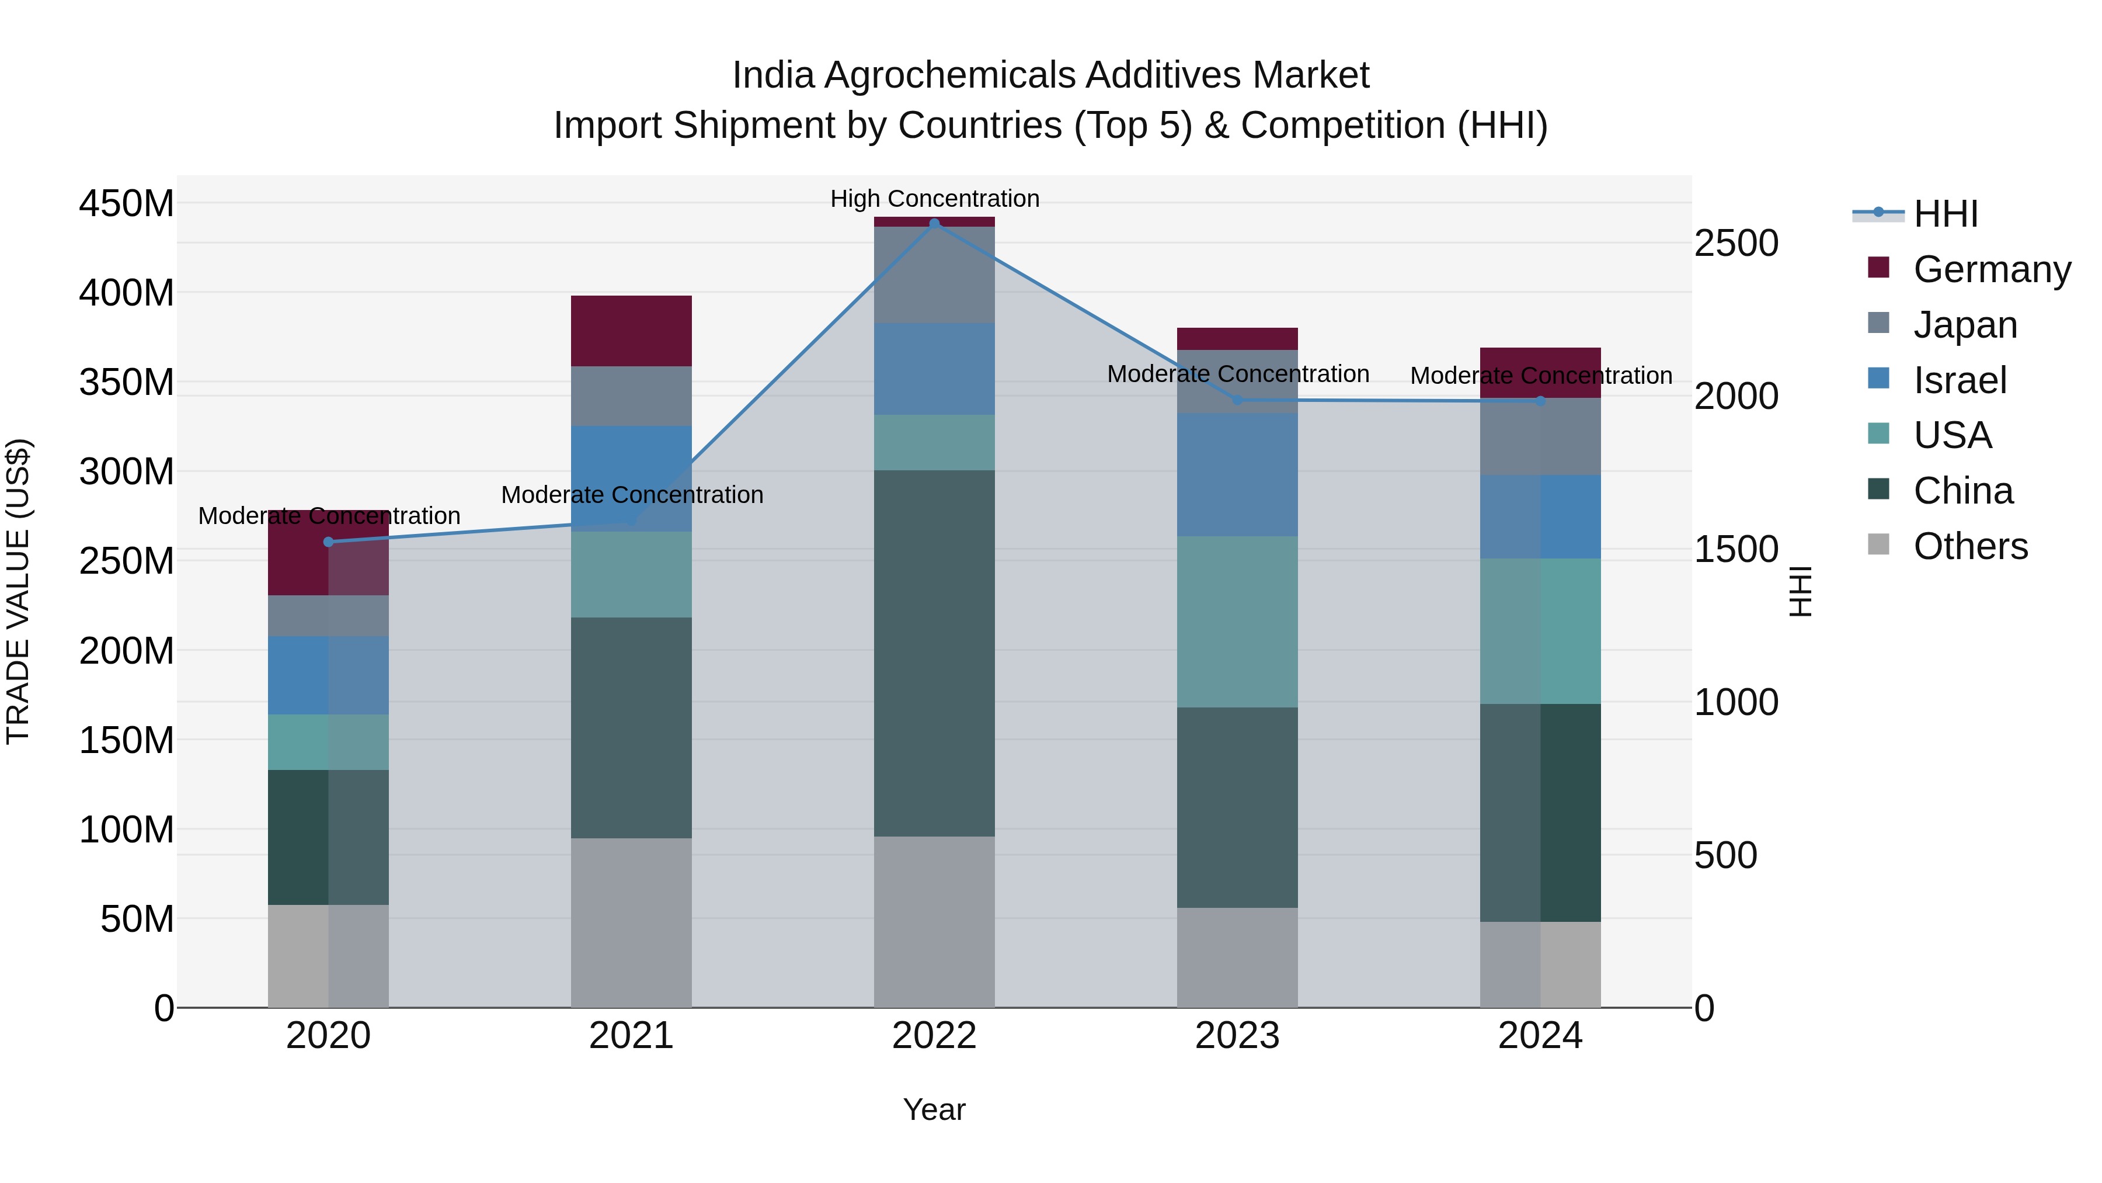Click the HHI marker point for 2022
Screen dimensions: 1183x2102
coord(934,223)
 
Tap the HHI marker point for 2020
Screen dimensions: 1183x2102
coord(329,542)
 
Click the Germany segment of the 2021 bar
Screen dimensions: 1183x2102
coord(631,331)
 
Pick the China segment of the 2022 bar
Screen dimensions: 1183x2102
coord(934,653)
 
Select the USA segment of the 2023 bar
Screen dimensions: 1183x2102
coord(1237,622)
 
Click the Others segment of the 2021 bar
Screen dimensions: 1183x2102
coord(631,922)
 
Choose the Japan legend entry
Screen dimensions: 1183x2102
coord(1964,325)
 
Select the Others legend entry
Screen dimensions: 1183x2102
coord(1970,546)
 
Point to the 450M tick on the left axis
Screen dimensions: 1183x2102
coord(127,203)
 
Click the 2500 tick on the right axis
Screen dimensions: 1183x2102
coord(1736,243)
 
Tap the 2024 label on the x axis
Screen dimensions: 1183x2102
coord(1540,1036)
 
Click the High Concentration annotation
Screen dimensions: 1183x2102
coord(934,199)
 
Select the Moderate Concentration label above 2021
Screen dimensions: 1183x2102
coord(632,495)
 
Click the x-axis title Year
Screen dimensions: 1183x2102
coord(934,1109)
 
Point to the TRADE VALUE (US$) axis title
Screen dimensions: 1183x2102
coord(18,591)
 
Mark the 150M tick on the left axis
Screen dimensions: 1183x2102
coord(127,741)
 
